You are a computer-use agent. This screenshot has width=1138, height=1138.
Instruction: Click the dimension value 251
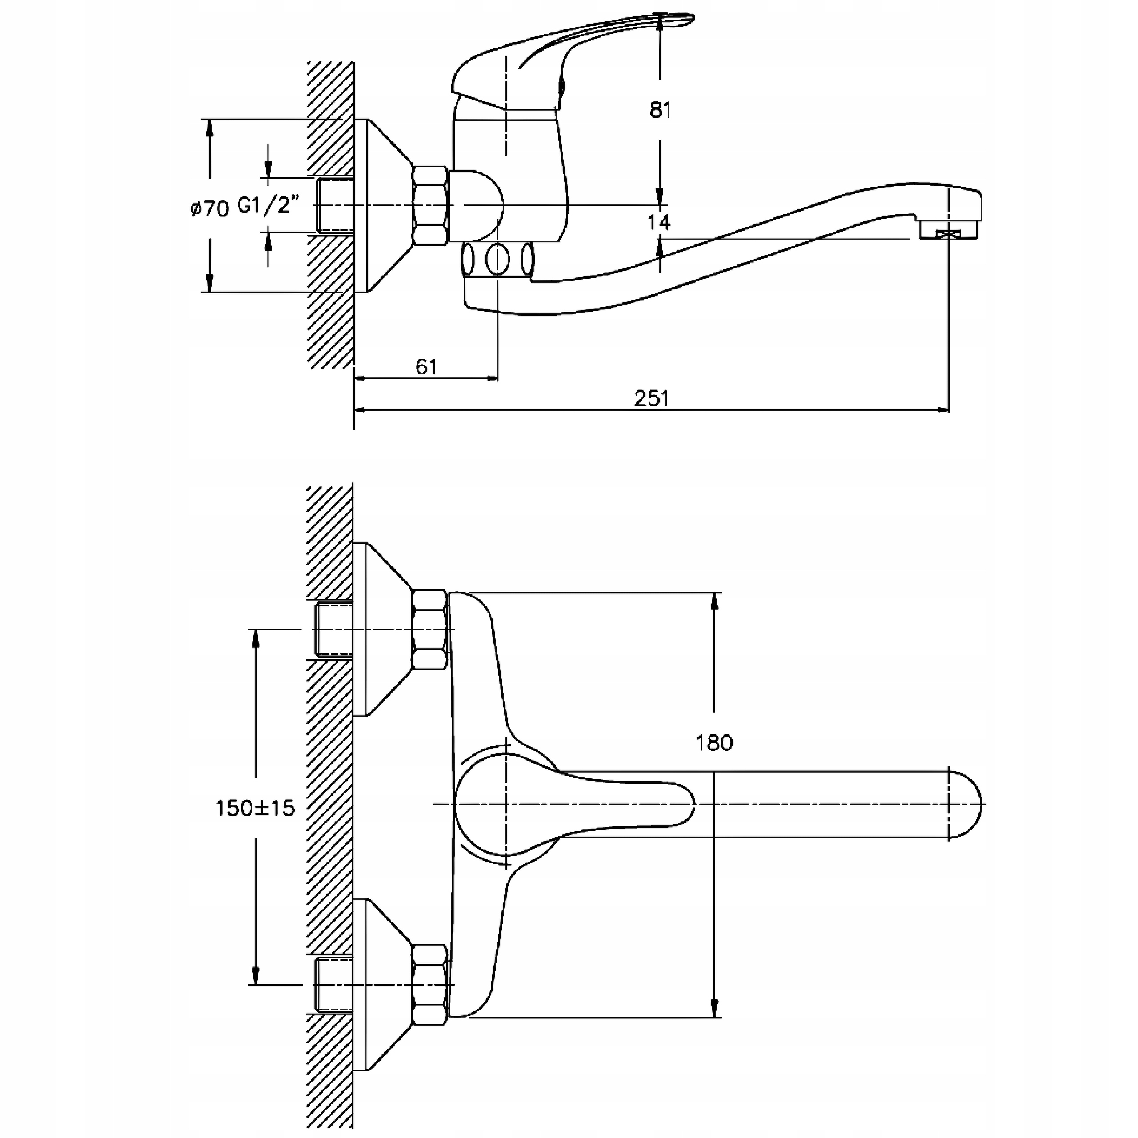[652, 399]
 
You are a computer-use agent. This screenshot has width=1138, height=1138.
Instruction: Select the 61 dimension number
[426, 367]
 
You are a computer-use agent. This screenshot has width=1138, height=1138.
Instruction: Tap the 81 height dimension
[660, 110]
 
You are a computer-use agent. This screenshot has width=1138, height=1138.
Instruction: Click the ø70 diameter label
[210, 208]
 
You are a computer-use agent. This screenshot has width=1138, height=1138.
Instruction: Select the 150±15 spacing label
[255, 808]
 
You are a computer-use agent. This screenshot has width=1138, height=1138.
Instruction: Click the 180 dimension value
[714, 743]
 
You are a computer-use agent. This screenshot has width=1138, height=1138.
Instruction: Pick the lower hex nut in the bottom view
[429, 984]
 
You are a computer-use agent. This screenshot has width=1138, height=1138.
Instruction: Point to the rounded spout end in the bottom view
[966, 804]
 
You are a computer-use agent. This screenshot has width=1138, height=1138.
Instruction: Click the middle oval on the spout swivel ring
[498, 259]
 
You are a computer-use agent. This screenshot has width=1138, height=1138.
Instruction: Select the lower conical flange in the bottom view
[383, 984]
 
